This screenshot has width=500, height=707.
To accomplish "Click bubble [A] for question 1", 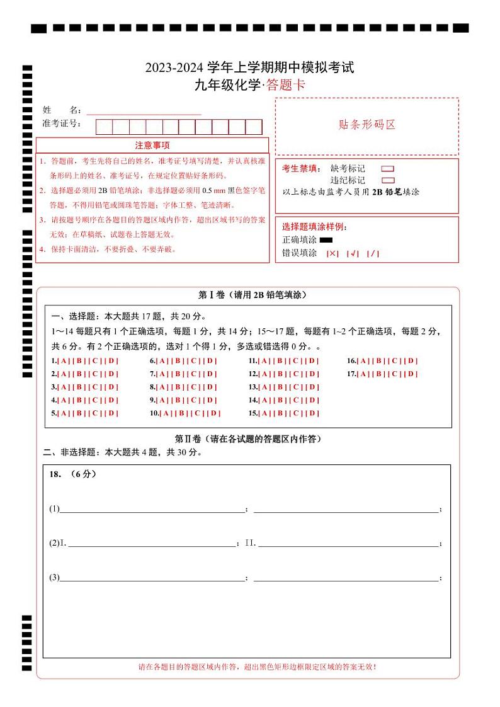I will [64, 361].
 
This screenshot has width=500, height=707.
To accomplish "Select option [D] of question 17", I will [411, 374].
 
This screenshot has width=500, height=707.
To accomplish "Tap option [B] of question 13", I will [280, 388].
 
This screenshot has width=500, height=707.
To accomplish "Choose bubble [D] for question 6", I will [211, 361].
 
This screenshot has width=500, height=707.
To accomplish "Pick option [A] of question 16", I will [363, 361].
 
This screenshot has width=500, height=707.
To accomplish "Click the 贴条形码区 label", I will [366, 125].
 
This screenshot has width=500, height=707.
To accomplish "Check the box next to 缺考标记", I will [388, 169].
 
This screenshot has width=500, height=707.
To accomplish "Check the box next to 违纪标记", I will [388, 180].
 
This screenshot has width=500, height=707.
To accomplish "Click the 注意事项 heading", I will [152, 146].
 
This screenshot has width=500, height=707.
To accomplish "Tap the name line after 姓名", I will [144, 110].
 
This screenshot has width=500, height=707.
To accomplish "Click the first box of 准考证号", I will [104, 127].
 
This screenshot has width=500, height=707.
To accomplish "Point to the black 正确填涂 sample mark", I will [326, 240].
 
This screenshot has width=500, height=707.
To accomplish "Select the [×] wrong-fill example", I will [332, 253].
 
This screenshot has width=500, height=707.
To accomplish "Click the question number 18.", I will [55, 474].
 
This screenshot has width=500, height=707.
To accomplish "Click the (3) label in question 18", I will [54, 578].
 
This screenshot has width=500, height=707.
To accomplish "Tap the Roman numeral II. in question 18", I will [250, 543].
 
